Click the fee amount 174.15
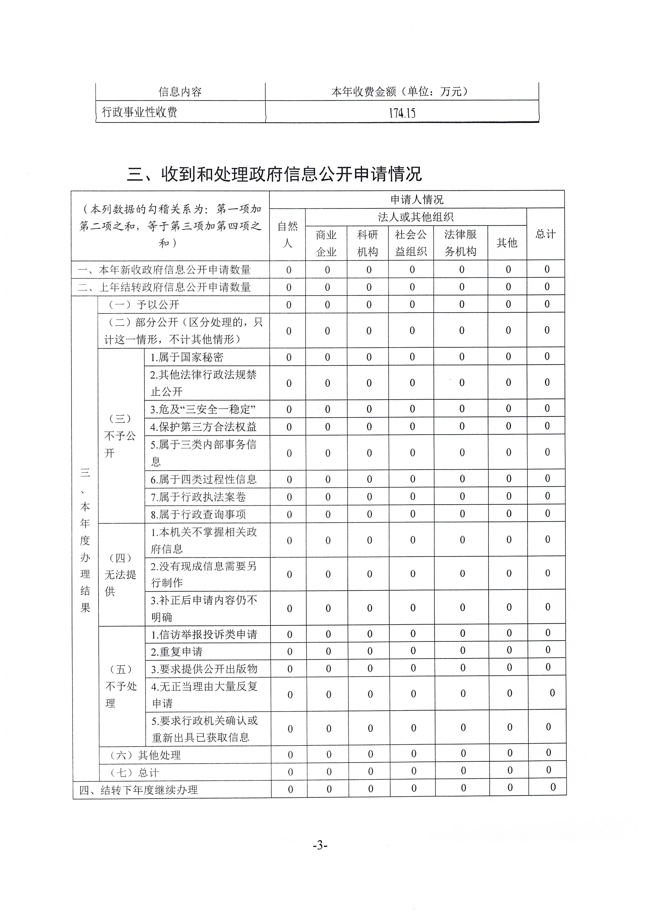pos(402,113)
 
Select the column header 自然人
pos(288,235)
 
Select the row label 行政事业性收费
pos(140,112)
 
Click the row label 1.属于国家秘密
pos(187,357)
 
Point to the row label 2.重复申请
pos(177,651)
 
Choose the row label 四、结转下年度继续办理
pos(138,790)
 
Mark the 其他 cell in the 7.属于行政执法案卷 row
pos(509,496)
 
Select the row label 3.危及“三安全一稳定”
pos(203,409)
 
